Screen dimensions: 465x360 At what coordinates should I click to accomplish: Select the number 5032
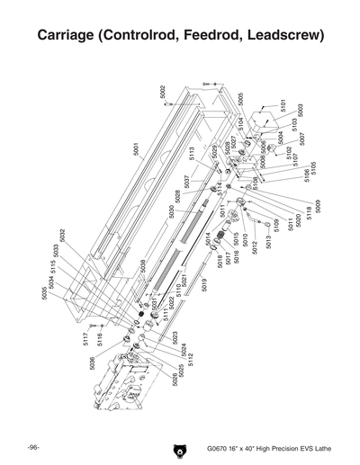61,236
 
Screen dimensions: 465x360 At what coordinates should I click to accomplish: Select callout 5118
309,212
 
